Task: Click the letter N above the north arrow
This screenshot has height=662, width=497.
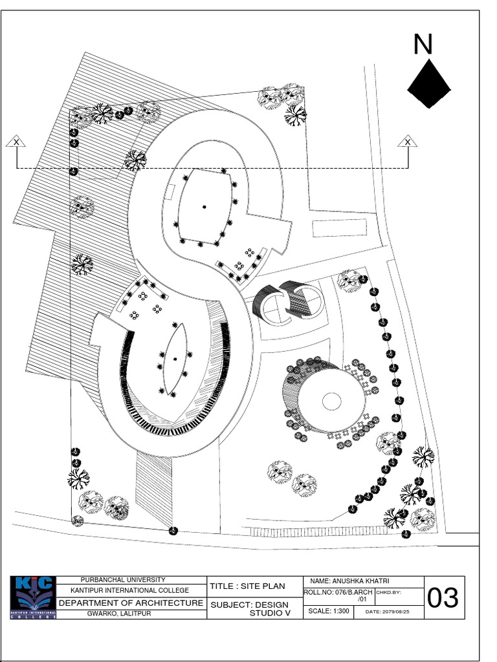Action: click(423, 45)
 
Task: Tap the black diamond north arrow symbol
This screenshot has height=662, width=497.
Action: click(429, 84)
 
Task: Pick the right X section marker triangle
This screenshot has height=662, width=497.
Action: click(408, 142)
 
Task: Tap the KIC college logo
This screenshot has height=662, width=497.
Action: click(33, 597)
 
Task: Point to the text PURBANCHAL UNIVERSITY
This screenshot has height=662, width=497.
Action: click(122, 580)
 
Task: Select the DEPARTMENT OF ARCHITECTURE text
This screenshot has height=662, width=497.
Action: click(131, 603)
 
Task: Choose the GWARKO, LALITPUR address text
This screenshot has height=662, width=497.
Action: click(119, 614)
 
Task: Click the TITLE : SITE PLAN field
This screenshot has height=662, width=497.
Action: click(247, 586)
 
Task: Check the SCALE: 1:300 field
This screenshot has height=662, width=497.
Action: click(328, 611)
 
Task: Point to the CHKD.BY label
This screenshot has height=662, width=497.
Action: click(388, 592)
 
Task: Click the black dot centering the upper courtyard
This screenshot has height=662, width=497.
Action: click(204, 207)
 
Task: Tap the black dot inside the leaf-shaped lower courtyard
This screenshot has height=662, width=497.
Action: click(175, 359)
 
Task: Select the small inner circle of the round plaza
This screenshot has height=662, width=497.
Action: click(331, 400)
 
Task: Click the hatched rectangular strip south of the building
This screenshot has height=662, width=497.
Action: click(155, 488)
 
